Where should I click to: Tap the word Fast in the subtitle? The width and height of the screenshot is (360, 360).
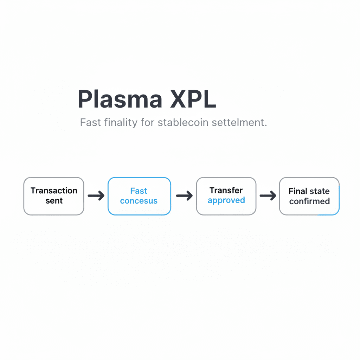tap(90, 123)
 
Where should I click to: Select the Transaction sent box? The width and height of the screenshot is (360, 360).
tap(54, 196)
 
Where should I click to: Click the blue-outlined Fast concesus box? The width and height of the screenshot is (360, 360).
tap(139, 196)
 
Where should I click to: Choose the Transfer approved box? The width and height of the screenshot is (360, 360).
tap(226, 196)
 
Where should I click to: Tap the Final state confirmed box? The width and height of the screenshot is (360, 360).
tap(309, 196)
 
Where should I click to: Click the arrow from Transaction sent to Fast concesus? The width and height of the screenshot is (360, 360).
tap(96, 196)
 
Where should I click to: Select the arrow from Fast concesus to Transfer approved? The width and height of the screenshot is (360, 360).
tap(184, 196)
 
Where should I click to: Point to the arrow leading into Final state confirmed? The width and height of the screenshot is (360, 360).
tap(268, 196)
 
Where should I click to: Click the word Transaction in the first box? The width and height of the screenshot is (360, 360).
tap(54, 191)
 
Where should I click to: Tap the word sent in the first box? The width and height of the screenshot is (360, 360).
tap(54, 201)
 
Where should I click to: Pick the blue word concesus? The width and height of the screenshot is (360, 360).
tap(139, 201)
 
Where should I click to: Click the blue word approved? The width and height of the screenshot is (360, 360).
tap(226, 200)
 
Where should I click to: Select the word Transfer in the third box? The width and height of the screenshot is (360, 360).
tap(226, 191)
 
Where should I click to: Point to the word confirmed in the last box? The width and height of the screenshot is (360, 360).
tap(309, 201)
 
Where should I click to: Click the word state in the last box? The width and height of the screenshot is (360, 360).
tap(319, 191)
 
